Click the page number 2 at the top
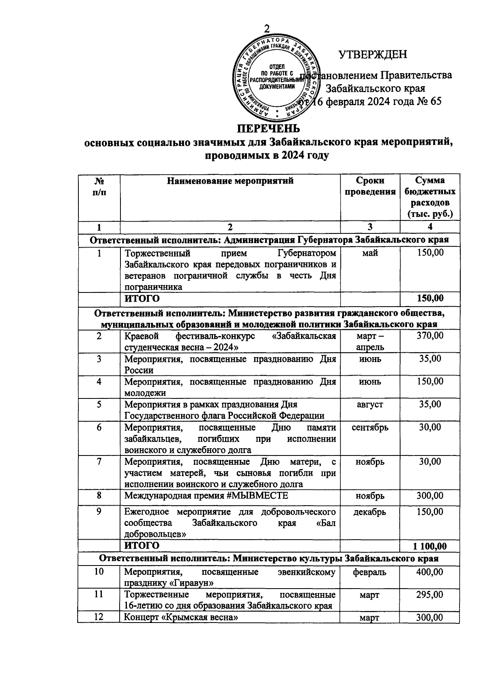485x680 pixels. click(x=266, y=29)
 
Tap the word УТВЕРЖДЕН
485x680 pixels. click(x=373, y=55)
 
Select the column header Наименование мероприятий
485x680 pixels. click(x=230, y=181)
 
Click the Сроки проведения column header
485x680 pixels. click(x=370, y=186)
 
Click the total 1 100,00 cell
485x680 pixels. click(x=430, y=546)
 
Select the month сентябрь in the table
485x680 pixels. click(x=370, y=428)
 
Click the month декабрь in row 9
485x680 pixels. click(x=370, y=512)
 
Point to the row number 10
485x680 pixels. click(x=99, y=572)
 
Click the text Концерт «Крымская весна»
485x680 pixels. click(x=180, y=617)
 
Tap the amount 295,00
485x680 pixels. click(x=430, y=595)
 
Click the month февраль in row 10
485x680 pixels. click(x=370, y=572)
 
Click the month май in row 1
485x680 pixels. click(x=370, y=253)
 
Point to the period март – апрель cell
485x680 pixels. click(x=370, y=341)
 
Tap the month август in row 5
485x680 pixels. click(x=370, y=404)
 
